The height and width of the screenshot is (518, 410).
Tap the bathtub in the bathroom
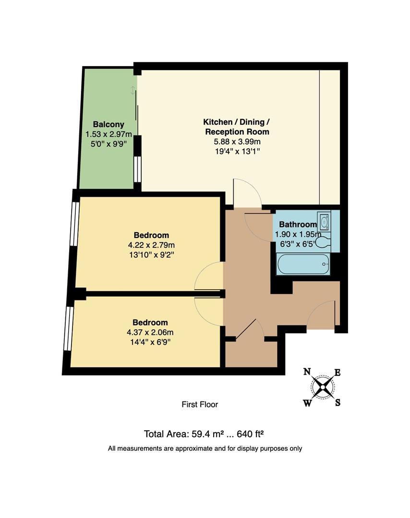point(303,264)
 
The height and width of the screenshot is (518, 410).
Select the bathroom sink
point(324,222)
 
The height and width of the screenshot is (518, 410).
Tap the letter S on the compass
point(338,403)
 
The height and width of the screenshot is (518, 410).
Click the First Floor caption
point(200,404)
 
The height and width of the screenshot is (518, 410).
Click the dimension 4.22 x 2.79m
point(151,245)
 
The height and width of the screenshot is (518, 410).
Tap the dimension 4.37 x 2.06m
point(151,332)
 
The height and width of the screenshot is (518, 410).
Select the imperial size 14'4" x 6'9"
point(151,342)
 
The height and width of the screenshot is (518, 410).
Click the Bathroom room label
point(298,224)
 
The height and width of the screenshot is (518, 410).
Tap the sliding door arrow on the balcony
point(133,90)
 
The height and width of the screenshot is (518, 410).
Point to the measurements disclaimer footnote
point(205,449)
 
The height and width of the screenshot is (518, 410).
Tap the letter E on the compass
point(338,372)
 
